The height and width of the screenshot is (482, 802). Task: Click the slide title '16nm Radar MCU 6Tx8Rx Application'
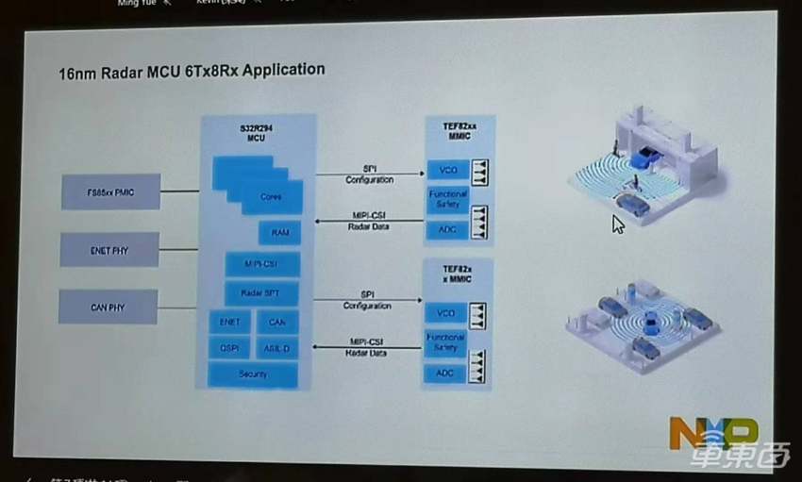[192, 70]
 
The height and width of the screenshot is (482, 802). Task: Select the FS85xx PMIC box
[111, 191]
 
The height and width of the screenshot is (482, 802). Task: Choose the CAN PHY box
[109, 307]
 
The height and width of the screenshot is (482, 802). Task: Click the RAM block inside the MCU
[279, 232]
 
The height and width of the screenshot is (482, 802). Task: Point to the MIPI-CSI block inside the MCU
[262, 264]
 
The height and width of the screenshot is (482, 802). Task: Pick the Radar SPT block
[261, 293]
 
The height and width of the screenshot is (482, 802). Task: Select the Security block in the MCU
[253, 374]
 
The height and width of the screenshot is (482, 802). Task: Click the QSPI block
[229, 347]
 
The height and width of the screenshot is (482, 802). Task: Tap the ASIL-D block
[276, 347]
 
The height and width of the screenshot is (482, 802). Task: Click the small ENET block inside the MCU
[229, 322]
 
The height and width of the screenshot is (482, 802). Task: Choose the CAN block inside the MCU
[276, 322]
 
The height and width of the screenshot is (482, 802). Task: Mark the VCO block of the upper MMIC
[447, 171]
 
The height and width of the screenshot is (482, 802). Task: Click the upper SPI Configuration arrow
[369, 174]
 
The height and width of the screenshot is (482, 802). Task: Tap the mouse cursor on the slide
[617, 224]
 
